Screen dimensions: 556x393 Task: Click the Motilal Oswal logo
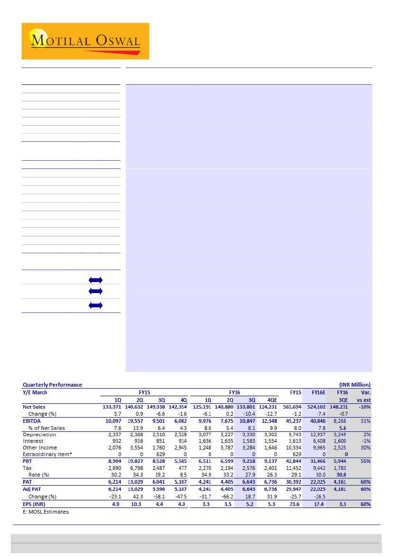(x=86, y=41)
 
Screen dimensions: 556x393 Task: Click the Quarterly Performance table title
(x=52, y=385)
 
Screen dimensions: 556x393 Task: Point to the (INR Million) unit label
(x=355, y=385)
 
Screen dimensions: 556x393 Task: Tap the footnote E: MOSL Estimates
(x=46, y=512)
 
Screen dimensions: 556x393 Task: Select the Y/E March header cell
(x=35, y=392)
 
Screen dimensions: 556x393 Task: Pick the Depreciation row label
(x=39, y=434)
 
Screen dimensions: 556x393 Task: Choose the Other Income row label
(x=40, y=448)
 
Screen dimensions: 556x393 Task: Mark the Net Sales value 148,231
(x=339, y=407)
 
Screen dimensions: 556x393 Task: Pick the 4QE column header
(x=270, y=400)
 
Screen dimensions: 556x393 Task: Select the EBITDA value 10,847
(x=246, y=421)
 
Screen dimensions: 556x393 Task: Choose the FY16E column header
(x=318, y=392)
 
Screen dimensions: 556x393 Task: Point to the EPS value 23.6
(x=295, y=504)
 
